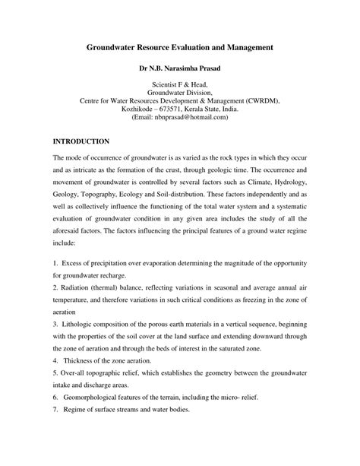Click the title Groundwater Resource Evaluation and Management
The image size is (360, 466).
(x=179, y=48)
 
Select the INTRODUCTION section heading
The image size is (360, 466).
(x=83, y=141)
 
